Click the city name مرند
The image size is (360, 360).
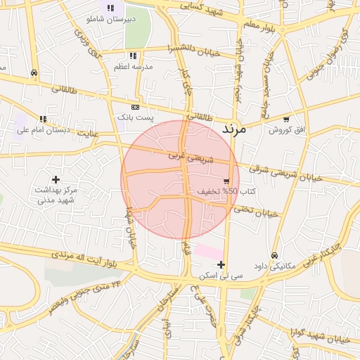coord(233,129)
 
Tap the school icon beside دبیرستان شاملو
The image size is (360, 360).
coord(110,8)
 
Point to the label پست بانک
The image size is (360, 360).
coord(134,117)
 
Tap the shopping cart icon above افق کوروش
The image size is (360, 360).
coord(285,120)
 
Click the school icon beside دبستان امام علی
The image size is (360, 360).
coord(43,120)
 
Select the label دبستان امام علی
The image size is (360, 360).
coord(43,130)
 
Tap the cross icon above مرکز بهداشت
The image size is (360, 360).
coord(56,180)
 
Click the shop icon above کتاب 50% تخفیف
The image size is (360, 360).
coord(226,181)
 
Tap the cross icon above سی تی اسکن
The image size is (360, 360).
coord(221,265)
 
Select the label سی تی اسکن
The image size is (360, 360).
coord(221,276)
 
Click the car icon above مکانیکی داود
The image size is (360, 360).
coord(274,256)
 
